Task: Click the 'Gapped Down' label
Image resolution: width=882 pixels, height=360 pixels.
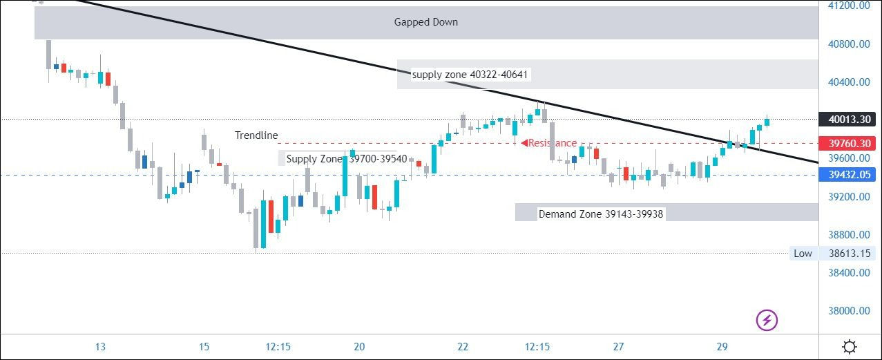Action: coord(425,22)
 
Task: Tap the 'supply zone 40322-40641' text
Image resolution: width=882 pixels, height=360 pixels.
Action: coord(471,74)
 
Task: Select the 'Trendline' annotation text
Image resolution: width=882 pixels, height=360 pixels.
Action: coord(256,135)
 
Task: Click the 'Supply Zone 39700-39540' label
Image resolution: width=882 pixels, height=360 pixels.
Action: coord(347,159)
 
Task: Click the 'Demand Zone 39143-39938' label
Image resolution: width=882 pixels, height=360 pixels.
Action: coord(600,214)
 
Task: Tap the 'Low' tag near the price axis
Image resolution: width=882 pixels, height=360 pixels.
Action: coord(803,254)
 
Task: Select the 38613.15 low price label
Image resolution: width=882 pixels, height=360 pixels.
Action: coord(848,254)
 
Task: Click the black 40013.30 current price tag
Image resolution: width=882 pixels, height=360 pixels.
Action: coord(848,120)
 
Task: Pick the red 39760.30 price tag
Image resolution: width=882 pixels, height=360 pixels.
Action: coord(848,144)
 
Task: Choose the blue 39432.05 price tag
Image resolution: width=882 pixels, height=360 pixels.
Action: coord(848,176)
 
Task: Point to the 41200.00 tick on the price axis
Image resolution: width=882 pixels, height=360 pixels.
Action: coord(848,6)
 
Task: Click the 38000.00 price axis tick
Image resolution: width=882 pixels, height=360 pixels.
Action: coord(848,311)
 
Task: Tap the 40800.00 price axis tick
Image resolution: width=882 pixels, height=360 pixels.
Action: coord(848,44)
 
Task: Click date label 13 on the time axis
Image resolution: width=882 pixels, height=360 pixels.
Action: coord(100,347)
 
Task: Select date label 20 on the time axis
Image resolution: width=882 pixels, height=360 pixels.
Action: coord(359,347)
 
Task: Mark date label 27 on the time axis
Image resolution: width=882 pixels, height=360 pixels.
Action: coord(618,347)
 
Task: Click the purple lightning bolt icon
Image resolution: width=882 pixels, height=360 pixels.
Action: coord(767,320)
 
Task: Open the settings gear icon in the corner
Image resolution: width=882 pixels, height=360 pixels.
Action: coord(850,346)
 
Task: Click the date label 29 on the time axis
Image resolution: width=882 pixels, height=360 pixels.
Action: coord(722,347)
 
